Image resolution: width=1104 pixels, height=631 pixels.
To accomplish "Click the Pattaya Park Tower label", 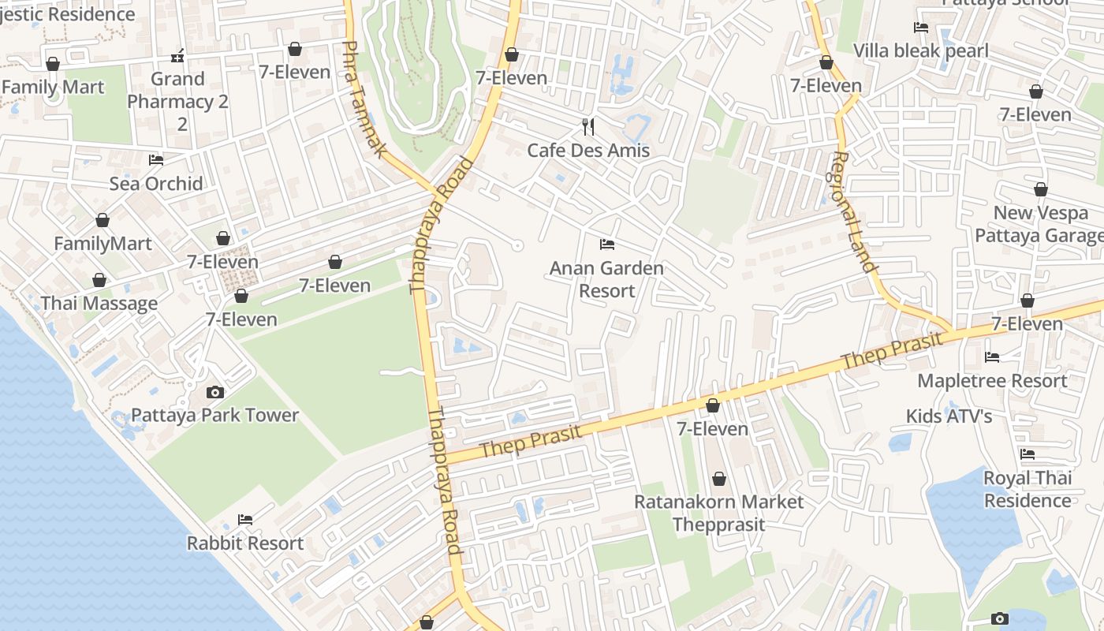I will pyautogui.click(x=214, y=415).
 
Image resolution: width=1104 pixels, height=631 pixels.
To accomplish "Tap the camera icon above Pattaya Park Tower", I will pyautogui.click(x=214, y=392).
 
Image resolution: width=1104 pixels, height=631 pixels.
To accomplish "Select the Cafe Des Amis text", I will pyautogui.click(x=588, y=150).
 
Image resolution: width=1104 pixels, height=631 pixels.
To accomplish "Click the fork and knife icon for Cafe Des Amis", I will pyautogui.click(x=588, y=126).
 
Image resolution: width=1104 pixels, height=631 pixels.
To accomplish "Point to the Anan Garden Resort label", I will pyautogui.click(x=606, y=279).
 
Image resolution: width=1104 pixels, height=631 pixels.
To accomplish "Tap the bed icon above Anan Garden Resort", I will pyautogui.click(x=606, y=244).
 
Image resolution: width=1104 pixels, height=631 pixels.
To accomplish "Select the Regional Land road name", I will pyautogui.click(x=854, y=211).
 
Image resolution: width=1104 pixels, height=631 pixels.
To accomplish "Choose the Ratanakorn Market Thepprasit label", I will pyautogui.click(x=718, y=513).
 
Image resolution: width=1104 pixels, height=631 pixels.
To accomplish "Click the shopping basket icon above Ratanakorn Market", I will pyautogui.click(x=718, y=479).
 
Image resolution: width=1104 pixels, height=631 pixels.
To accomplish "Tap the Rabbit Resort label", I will pyautogui.click(x=245, y=543).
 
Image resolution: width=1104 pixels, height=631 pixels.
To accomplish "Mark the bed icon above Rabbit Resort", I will pyautogui.click(x=245, y=520).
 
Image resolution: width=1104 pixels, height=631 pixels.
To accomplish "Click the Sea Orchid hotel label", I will pyautogui.click(x=156, y=183).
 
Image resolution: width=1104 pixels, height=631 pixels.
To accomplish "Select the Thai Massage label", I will pyautogui.click(x=99, y=303).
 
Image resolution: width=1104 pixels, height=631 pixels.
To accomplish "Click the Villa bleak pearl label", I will pyautogui.click(x=920, y=51).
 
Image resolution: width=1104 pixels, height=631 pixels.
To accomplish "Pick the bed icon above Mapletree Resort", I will pyautogui.click(x=992, y=357).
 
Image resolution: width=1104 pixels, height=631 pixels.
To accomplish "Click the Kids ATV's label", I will pyautogui.click(x=949, y=416).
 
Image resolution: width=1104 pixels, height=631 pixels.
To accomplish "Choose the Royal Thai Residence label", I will pyautogui.click(x=1027, y=489).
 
